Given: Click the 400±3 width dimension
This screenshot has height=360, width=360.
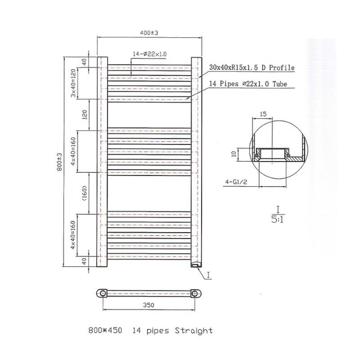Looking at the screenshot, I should (149, 33).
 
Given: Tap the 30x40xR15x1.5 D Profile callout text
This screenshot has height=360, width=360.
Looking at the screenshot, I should (252, 68).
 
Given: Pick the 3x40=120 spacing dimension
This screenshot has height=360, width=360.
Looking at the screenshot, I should (74, 83).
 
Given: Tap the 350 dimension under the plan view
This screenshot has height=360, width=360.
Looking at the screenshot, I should (148, 305).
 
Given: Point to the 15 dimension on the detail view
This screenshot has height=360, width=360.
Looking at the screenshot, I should (263, 114).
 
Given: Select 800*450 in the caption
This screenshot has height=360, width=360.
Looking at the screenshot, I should (105, 331).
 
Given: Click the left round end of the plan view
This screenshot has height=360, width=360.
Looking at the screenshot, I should (103, 293).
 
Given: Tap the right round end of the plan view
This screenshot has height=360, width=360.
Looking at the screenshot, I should (195, 293).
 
